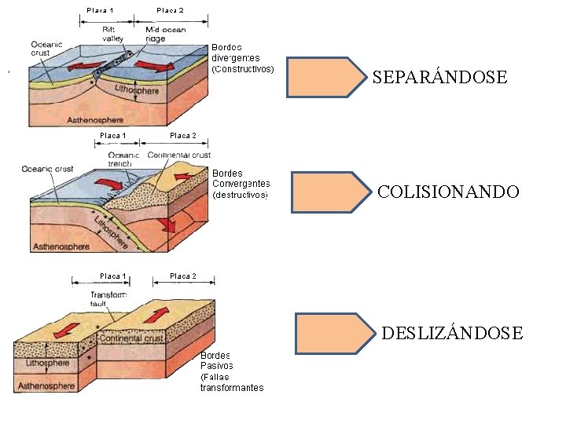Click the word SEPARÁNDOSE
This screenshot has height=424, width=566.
click(x=439, y=78)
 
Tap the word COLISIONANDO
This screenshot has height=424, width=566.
click(x=448, y=192)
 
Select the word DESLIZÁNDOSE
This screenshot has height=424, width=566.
click(x=452, y=334)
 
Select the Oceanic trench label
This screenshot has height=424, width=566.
click(x=123, y=160)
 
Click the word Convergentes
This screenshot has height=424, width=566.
click(x=241, y=184)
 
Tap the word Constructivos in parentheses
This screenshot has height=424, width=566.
click(x=243, y=68)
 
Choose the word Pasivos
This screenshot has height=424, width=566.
click(x=216, y=366)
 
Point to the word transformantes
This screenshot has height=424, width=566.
click(x=232, y=388)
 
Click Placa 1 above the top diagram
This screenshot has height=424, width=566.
click(x=100, y=10)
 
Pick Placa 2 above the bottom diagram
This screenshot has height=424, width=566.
click(x=183, y=276)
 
